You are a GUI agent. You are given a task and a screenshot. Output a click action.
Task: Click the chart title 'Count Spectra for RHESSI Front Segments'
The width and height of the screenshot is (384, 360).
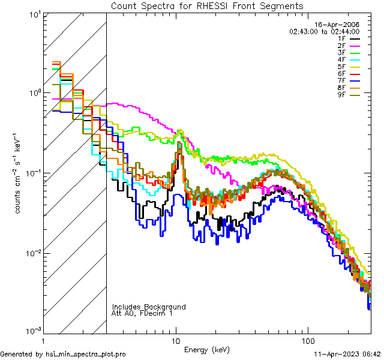tap(206, 5)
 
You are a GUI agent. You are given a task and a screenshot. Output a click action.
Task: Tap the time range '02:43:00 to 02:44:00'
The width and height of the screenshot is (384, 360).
tap(324, 31)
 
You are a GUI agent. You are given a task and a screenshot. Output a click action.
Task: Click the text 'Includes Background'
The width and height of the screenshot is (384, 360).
tap(149, 307)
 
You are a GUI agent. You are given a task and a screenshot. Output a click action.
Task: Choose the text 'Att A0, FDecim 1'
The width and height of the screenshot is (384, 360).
tap(142, 313)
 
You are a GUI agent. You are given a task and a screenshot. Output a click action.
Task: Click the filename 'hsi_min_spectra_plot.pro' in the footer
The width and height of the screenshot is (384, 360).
tap(86, 355)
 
